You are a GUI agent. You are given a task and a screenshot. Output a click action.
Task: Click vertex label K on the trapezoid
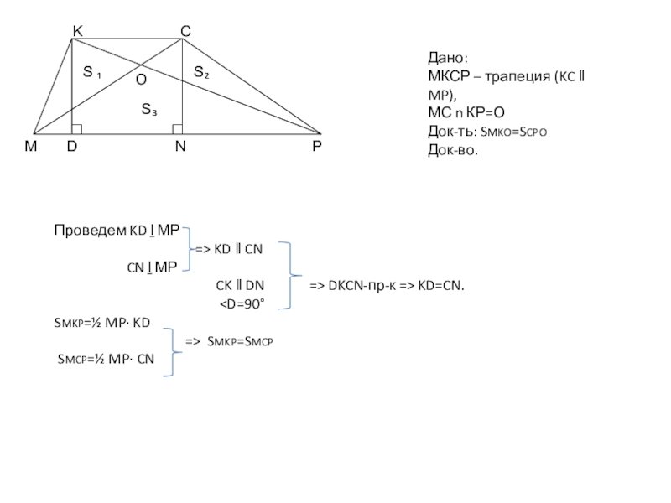tap(77, 31)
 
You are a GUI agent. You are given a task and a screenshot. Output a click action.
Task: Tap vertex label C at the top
tap(185, 31)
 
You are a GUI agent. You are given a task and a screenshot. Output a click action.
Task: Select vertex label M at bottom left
tap(31, 146)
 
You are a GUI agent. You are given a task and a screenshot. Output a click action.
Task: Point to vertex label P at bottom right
tap(317, 146)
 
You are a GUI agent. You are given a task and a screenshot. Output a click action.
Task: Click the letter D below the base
tap(72, 146)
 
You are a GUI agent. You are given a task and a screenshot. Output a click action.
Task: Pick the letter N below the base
tap(180, 146)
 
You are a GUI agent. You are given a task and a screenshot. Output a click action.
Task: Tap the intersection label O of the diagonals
tap(141, 80)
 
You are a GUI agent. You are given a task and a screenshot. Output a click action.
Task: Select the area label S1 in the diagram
tap(92, 72)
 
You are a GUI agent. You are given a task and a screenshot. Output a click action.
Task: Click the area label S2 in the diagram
tap(201, 72)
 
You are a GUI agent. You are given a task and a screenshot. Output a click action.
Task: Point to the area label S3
tap(149, 109)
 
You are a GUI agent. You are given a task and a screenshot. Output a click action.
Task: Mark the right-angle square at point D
tap(77, 129)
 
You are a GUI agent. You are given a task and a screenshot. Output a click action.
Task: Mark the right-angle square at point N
tap(178, 129)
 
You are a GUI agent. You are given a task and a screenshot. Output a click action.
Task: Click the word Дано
tap(448, 58)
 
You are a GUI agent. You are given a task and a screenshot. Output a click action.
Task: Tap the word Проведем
tap(91, 231)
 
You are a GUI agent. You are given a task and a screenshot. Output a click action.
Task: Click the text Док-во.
tap(453, 150)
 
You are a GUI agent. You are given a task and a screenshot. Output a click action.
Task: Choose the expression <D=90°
tap(242, 304)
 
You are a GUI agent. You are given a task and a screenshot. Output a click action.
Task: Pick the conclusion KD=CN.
tap(441, 285)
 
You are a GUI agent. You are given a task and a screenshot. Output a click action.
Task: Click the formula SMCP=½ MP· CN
tap(106, 359)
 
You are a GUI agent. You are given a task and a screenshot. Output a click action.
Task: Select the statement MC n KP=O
tap(466, 113)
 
